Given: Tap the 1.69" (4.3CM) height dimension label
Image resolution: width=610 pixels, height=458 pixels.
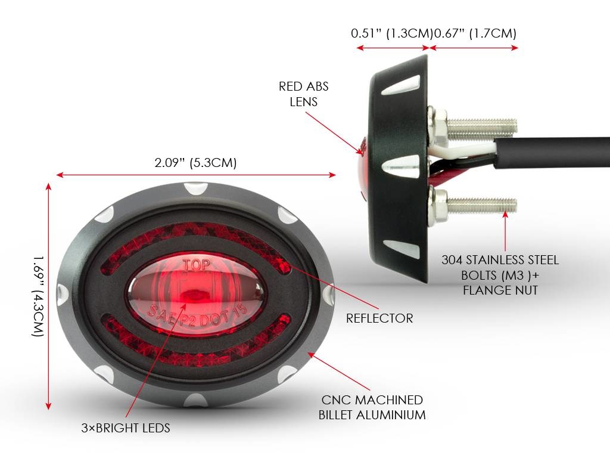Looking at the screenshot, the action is click(x=38, y=296).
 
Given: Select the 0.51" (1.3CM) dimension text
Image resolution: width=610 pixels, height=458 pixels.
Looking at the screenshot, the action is click(x=391, y=33).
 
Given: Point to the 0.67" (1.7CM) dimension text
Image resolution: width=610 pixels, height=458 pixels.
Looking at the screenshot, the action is click(x=475, y=33).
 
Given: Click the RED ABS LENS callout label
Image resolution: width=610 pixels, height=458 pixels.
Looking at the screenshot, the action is click(x=304, y=94).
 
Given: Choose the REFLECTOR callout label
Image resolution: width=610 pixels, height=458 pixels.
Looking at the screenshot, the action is click(x=379, y=318).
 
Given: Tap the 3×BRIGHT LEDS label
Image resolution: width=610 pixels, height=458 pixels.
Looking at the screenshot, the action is click(x=126, y=428).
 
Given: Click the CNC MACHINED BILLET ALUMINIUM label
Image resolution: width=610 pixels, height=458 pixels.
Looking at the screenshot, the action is click(x=372, y=407).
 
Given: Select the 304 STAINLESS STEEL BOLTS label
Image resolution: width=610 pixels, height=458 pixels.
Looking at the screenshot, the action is click(x=500, y=275).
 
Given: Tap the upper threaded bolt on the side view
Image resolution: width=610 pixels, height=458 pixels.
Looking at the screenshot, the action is click(x=481, y=126).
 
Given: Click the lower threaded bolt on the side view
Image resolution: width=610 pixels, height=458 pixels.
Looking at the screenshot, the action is click(x=481, y=206).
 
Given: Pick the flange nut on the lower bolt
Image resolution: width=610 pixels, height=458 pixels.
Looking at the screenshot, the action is click(x=440, y=206).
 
